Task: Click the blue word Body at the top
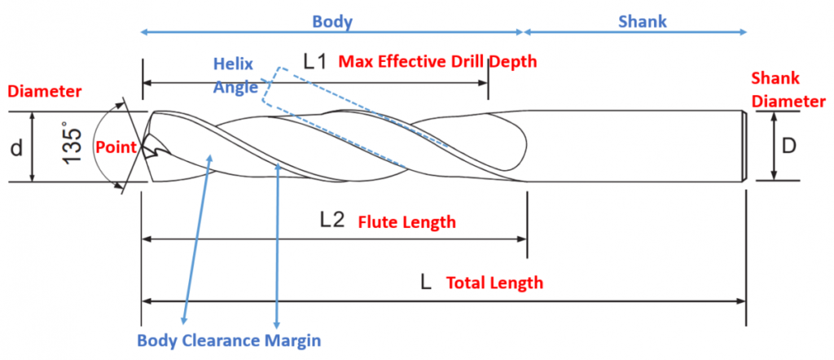pyautogui.click(x=332, y=22)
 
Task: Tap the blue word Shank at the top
pyautogui.click(x=642, y=22)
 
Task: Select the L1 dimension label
pyautogui.click(x=314, y=62)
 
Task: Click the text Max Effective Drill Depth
pyautogui.click(x=437, y=62)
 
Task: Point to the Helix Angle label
pyautogui.click(x=234, y=75)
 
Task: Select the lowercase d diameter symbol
pyautogui.click(x=15, y=148)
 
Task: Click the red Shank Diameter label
pyautogui.click(x=787, y=90)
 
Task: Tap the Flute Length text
pyautogui.click(x=406, y=222)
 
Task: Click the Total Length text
pyautogui.click(x=494, y=283)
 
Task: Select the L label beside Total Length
pyautogui.click(x=425, y=283)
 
